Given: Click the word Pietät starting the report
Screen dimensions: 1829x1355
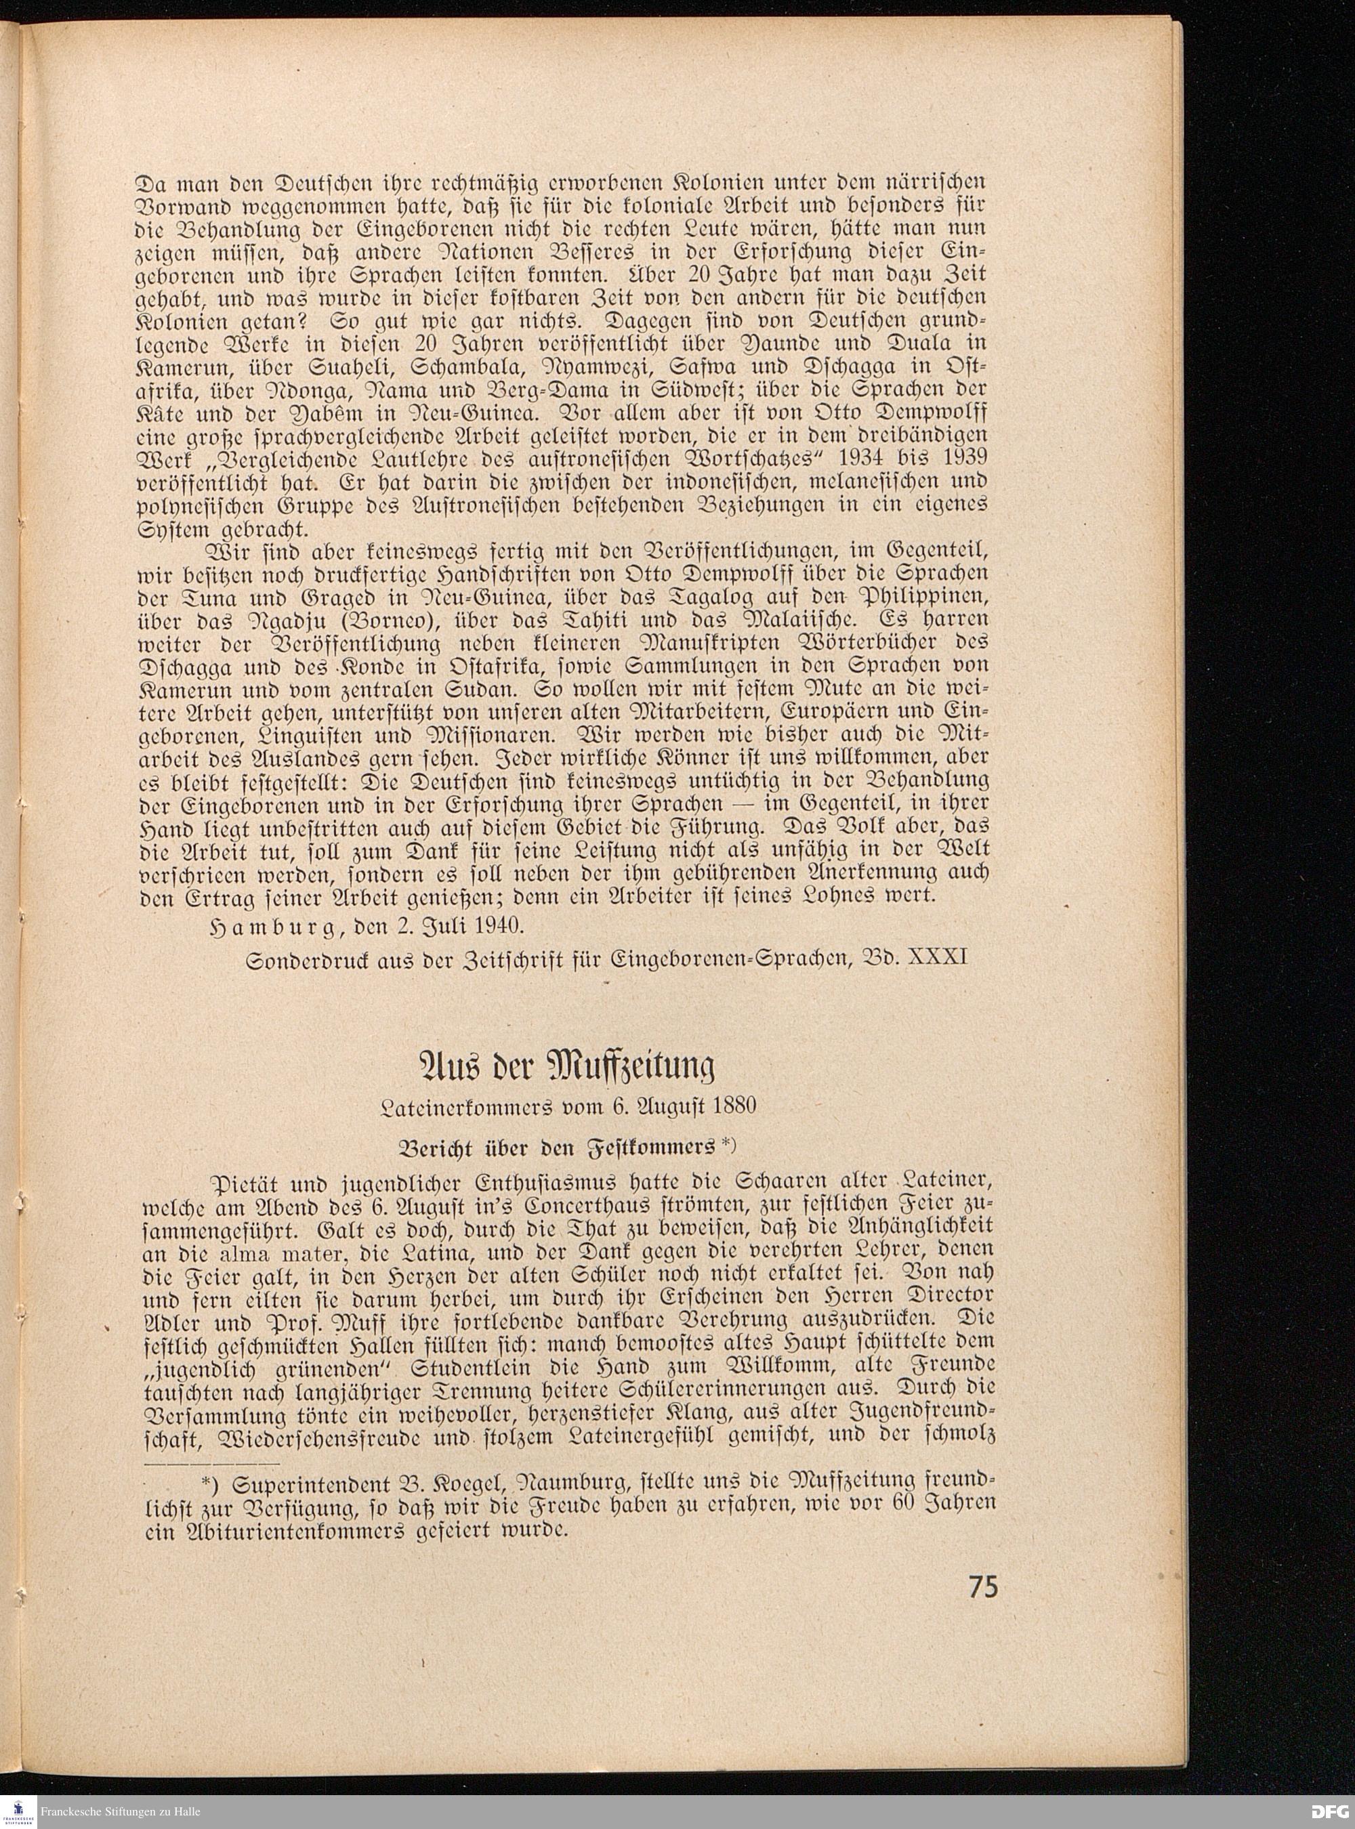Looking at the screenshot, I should tap(243, 1186).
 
